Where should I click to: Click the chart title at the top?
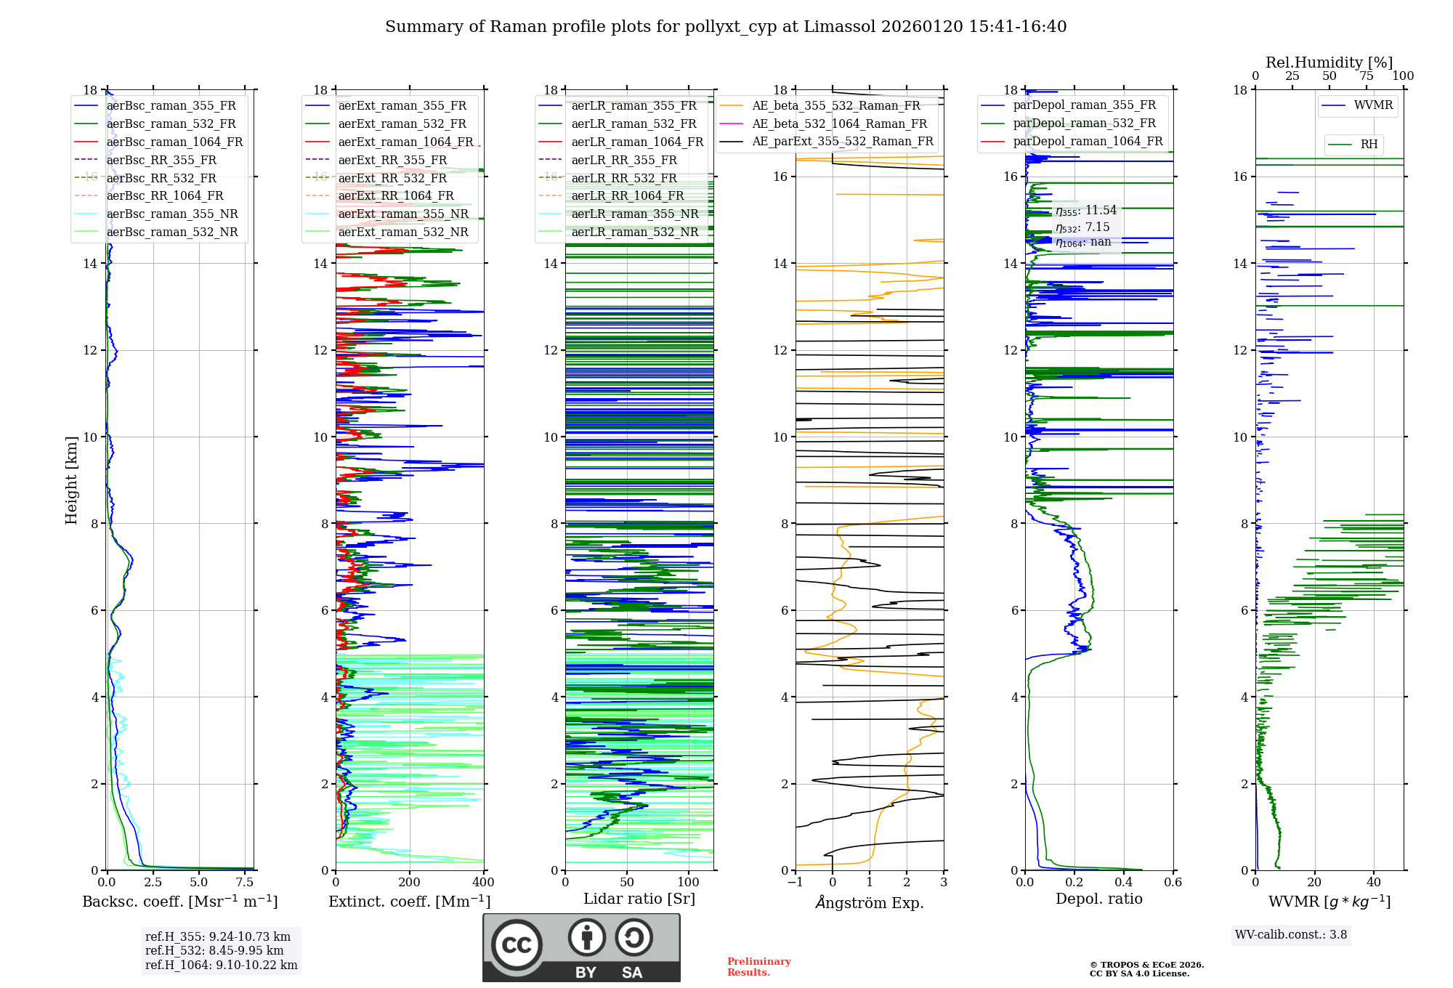[726, 27]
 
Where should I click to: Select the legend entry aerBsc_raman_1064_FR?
[174, 142]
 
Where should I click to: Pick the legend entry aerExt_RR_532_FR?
[392, 178]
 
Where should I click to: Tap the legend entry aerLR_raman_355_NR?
[634, 214]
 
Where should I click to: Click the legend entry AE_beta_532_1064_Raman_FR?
[839, 123]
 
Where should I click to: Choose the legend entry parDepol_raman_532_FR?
[1084, 123]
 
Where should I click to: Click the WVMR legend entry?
[1372, 105]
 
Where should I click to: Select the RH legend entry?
[1369, 145]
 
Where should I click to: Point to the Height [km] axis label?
[71, 479]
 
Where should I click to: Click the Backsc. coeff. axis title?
[180, 902]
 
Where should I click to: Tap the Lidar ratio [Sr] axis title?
[639, 899]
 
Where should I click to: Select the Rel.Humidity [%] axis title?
[1329, 62]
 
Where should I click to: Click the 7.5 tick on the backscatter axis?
[245, 883]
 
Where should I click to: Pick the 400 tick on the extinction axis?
[483, 883]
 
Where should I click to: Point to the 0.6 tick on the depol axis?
[1173, 883]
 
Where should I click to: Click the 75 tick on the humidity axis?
[1366, 76]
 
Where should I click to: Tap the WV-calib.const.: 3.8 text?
[1291, 935]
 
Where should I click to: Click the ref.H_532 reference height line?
[214, 950]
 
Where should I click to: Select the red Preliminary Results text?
[758, 967]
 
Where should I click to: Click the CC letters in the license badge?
[517, 945]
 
